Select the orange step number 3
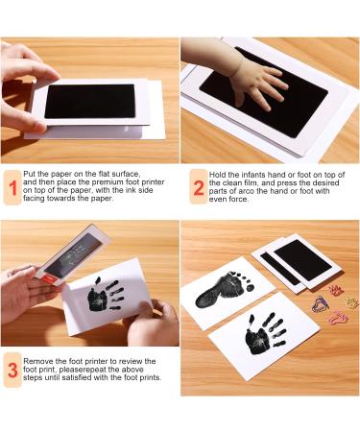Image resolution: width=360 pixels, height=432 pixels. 13,368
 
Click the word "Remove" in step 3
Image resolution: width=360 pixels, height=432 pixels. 43,356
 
